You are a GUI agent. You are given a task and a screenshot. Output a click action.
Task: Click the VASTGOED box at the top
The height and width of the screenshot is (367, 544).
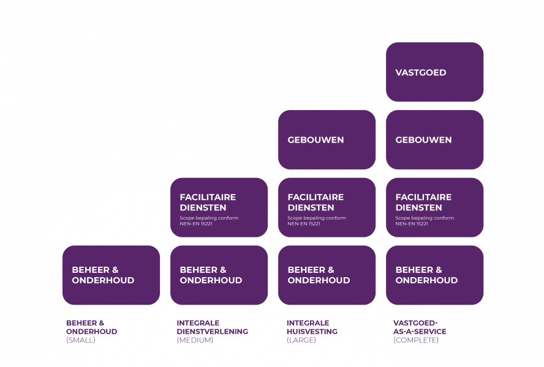[434, 72]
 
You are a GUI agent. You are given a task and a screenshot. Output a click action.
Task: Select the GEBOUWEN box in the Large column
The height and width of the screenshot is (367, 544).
[327, 139]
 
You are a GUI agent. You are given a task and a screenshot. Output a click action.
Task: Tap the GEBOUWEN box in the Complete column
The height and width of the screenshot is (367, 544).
[434, 139]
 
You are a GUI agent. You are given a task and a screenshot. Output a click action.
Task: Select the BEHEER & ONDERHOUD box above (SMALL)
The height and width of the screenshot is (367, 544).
[111, 275]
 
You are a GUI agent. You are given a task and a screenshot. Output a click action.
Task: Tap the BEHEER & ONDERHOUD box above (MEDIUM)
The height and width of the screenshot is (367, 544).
[219, 275]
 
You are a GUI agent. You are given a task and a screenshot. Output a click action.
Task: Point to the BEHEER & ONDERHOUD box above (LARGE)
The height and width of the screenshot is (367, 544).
[327, 275]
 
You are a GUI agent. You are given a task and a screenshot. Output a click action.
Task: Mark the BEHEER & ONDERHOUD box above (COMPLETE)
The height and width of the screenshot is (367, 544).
[434, 275]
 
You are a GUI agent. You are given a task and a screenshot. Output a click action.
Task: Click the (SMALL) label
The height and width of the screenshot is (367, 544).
[81, 340]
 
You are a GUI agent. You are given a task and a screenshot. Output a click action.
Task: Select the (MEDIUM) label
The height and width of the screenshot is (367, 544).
[195, 340]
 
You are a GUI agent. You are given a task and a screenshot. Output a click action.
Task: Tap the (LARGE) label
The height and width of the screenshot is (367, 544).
[301, 340]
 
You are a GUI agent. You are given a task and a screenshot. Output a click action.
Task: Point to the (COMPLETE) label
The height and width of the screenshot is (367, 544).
[416, 340]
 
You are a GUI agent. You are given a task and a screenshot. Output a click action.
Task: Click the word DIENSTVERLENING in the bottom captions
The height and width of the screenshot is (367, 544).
[212, 332]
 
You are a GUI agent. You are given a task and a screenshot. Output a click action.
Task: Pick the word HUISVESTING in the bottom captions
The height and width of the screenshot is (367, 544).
[312, 332]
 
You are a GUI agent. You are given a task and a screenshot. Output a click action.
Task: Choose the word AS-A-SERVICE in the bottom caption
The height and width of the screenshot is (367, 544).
[420, 332]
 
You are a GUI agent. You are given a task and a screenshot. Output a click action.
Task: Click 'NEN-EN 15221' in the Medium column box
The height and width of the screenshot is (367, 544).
[196, 224]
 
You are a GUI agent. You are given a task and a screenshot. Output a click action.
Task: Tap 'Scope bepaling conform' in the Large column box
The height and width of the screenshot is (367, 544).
[317, 218]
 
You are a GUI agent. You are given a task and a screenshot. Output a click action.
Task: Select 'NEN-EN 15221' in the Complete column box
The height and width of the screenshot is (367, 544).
[412, 224]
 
